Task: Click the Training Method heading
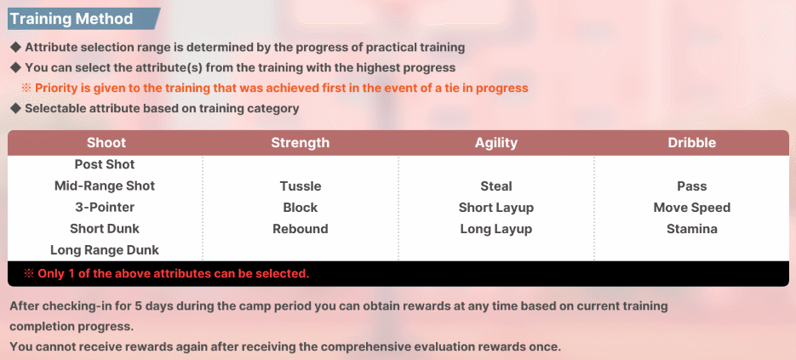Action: (x=72, y=20)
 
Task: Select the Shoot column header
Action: (x=106, y=143)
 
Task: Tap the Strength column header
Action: (x=300, y=143)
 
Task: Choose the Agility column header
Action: (x=496, y=143)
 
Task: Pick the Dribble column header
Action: (x=692, y=143)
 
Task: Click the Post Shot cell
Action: (x=105, y=164)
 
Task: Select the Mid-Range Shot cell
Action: (x=105, y=186)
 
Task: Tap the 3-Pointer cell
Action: (x=105, y=207)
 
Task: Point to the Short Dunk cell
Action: (x=105, y=228)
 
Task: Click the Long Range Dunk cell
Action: (x=105, y=250)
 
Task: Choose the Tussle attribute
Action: (x=301, y=186)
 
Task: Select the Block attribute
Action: (x=301, y=208)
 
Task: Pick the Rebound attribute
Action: (x=301, y=229)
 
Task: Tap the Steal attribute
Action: (x=496, y=186)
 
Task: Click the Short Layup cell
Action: (x=496, y=208)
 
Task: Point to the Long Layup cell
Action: (x=496, y=229)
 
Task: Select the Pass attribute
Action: (x=692, y=186)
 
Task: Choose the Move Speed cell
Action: (x=692, y=208)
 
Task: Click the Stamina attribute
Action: (x=692, y=229)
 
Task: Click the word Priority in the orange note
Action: (x=55, y=88)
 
